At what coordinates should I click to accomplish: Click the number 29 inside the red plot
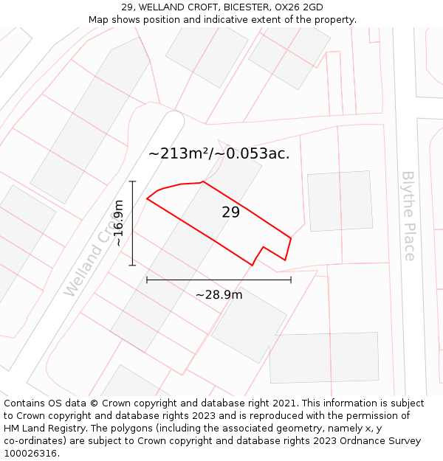[x=231, y=212]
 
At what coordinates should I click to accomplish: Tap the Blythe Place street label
[x=408, y=215]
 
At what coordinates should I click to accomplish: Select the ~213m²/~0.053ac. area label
[x=219, y=153]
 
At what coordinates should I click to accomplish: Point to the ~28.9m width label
[x=219, y=295]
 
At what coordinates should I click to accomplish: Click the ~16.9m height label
[x=118, y=223]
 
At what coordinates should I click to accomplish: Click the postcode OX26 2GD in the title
[x=299, y=7]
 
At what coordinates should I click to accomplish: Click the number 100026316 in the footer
[x=30, y=454]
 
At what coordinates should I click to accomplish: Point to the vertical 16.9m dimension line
[x=133, y=223]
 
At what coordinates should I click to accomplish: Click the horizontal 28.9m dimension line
[x=219, y=280]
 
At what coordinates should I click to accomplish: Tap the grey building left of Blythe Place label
[x=340, y=201]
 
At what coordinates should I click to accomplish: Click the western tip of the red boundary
[x=147, y=198]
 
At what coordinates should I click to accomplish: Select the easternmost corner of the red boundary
[x=291, y=238]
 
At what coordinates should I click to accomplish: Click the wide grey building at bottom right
[x=324, y=358]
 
